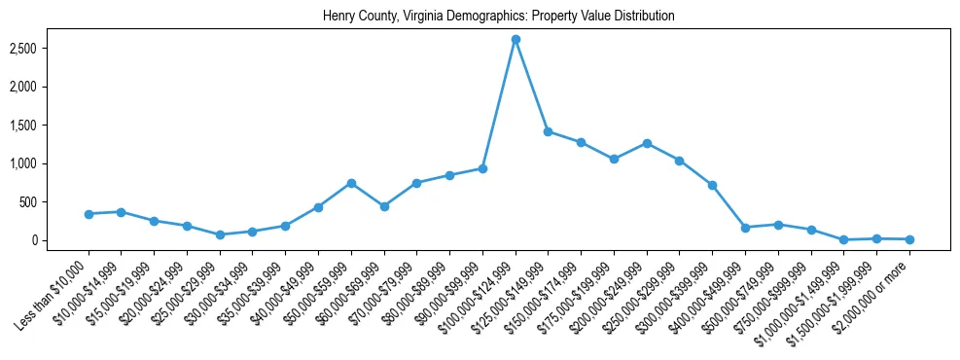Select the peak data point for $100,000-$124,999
516,39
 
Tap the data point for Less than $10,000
89,214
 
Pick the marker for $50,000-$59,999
351,183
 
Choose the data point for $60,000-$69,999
384,206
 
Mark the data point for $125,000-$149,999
549,131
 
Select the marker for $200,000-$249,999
647,143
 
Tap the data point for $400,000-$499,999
745,228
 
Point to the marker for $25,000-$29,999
220,234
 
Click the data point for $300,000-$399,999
712,185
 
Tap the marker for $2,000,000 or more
909,239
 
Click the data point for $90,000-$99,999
482,168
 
